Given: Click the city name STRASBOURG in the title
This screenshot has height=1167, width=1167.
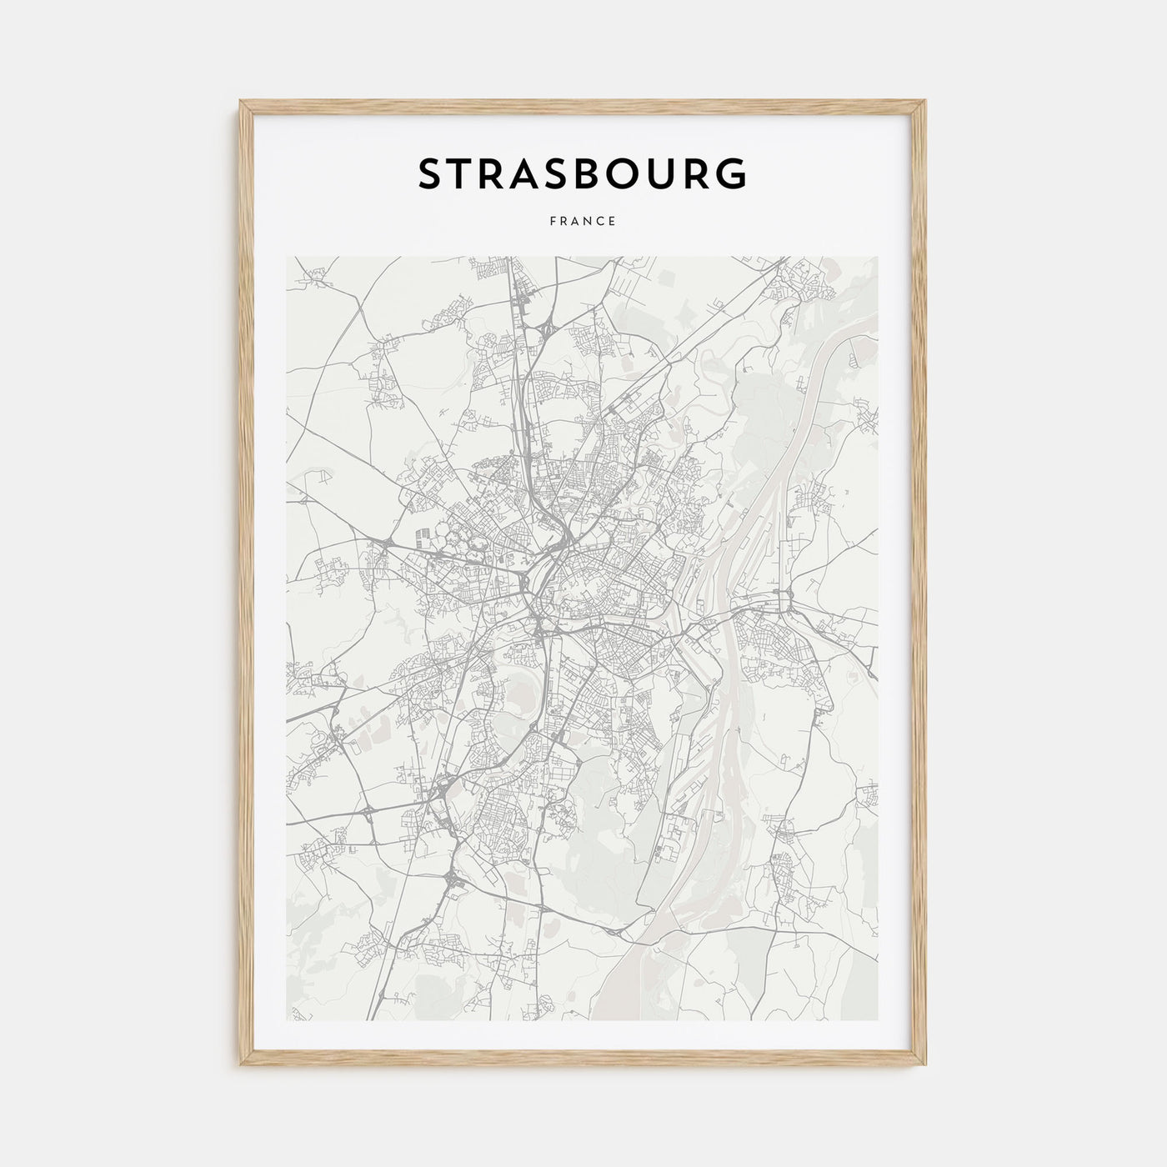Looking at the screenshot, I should (x=583, y=174).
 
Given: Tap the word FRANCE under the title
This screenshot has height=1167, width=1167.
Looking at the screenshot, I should (x=583, y=222).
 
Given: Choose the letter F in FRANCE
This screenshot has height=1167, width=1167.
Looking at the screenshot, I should (x=553, y=222).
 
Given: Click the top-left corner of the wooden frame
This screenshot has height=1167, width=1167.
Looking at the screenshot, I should (x=242, y=102).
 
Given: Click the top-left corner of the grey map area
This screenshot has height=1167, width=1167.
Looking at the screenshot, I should (x=287, y=257).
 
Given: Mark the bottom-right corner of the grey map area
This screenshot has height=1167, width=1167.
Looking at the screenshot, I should (x=878, y=1020).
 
